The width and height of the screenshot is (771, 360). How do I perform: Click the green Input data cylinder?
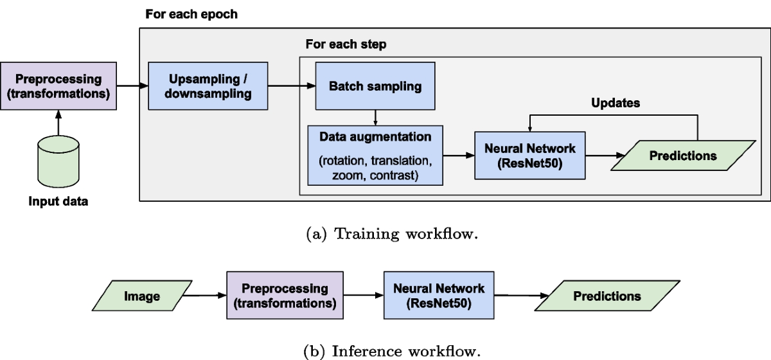pos(58,161)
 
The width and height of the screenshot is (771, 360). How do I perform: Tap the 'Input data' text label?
pos(58,201)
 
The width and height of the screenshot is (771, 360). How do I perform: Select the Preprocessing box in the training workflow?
pos(58,86)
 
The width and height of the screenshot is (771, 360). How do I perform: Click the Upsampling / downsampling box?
pos(208,86)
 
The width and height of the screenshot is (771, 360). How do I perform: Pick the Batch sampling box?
pos(375,86)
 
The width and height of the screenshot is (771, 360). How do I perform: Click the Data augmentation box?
pos(375,156)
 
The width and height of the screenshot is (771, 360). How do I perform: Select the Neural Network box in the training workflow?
pos(530,156)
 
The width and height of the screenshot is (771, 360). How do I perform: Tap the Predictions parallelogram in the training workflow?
pos(683,156)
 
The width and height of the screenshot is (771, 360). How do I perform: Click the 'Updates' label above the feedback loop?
pos(616,103)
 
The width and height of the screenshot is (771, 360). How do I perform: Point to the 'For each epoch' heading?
pos(191,14)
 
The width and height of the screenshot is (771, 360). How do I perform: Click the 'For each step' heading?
pos(346,44)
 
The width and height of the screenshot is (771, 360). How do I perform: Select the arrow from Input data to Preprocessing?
pos(58,123)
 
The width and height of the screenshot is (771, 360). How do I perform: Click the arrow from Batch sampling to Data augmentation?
pos(375,118)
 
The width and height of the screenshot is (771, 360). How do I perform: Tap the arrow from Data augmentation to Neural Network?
pos(459,156)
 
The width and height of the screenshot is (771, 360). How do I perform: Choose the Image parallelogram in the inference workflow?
pos(142,296)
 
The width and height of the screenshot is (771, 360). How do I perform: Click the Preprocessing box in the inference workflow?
pos(285,295)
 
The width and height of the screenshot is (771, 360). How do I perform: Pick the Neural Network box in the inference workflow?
pos(439,295)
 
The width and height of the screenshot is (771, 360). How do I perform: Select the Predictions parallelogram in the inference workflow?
pos(607,296)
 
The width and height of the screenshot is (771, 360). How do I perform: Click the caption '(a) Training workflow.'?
pos(392,234)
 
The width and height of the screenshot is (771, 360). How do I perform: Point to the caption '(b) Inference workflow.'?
pos(392,352)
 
